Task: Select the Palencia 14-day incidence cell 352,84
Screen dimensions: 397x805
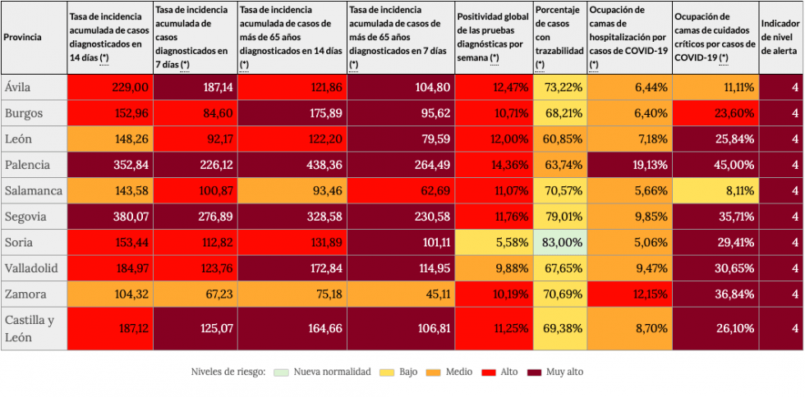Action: pos(110,165)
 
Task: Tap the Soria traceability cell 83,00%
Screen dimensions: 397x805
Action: pos(560,243)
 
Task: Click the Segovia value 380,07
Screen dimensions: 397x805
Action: pos(110,217)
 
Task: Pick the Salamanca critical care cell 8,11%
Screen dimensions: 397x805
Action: pos(715,191)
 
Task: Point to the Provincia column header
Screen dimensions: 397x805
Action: pos(24,37)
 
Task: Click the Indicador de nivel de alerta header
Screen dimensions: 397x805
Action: pos(780,37)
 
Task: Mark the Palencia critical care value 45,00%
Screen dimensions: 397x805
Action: pos(715,165)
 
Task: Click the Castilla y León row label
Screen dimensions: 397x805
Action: pos(30,328)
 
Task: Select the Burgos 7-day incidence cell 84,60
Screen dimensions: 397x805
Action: pos(195,113)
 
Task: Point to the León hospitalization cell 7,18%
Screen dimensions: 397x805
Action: pos(629,139)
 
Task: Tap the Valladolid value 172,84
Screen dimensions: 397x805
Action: pos(292,269)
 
